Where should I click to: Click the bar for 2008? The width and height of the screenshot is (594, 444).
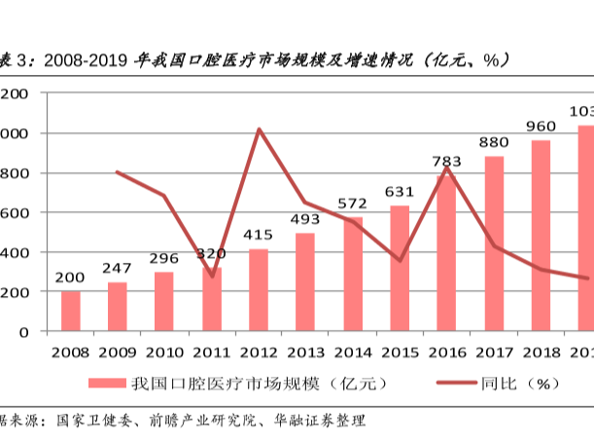71,311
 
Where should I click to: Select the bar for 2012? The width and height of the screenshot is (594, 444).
259,290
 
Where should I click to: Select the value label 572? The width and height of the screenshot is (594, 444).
352,203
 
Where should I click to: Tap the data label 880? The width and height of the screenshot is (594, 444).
493,142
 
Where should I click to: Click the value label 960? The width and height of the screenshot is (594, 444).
541,126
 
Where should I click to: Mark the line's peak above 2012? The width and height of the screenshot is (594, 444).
259,129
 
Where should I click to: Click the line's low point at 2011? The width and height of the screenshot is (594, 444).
212,277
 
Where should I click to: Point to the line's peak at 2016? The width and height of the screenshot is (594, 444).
446,166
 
